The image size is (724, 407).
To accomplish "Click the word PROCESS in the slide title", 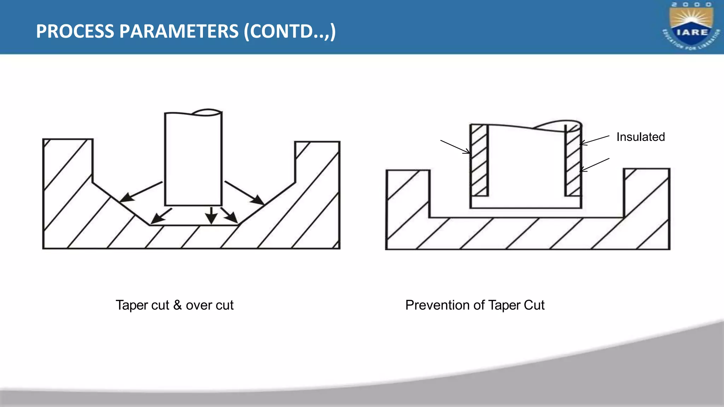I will click(75, 31).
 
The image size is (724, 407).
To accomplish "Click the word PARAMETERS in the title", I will click(179, 31).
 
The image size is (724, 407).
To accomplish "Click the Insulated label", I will click(640, 137).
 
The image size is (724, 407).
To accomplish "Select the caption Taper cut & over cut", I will click(174, 305).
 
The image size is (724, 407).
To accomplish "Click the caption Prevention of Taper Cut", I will click(474, 305).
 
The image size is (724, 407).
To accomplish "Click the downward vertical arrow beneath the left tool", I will click(211, 215).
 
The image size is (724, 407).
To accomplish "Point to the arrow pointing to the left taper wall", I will click(141, 192).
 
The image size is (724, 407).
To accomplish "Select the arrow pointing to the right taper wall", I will click(244, 193).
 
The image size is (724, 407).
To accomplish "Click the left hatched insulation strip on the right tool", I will click(479, 161).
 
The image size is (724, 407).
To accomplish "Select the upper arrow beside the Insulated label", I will click(595, 140).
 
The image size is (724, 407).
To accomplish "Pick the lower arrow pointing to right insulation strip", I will click(595, 165).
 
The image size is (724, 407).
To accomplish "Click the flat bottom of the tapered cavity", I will click(194, 225).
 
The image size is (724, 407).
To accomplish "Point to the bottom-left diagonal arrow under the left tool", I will click(161, 216).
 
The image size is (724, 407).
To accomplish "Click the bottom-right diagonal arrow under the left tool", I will click(229, 215).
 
